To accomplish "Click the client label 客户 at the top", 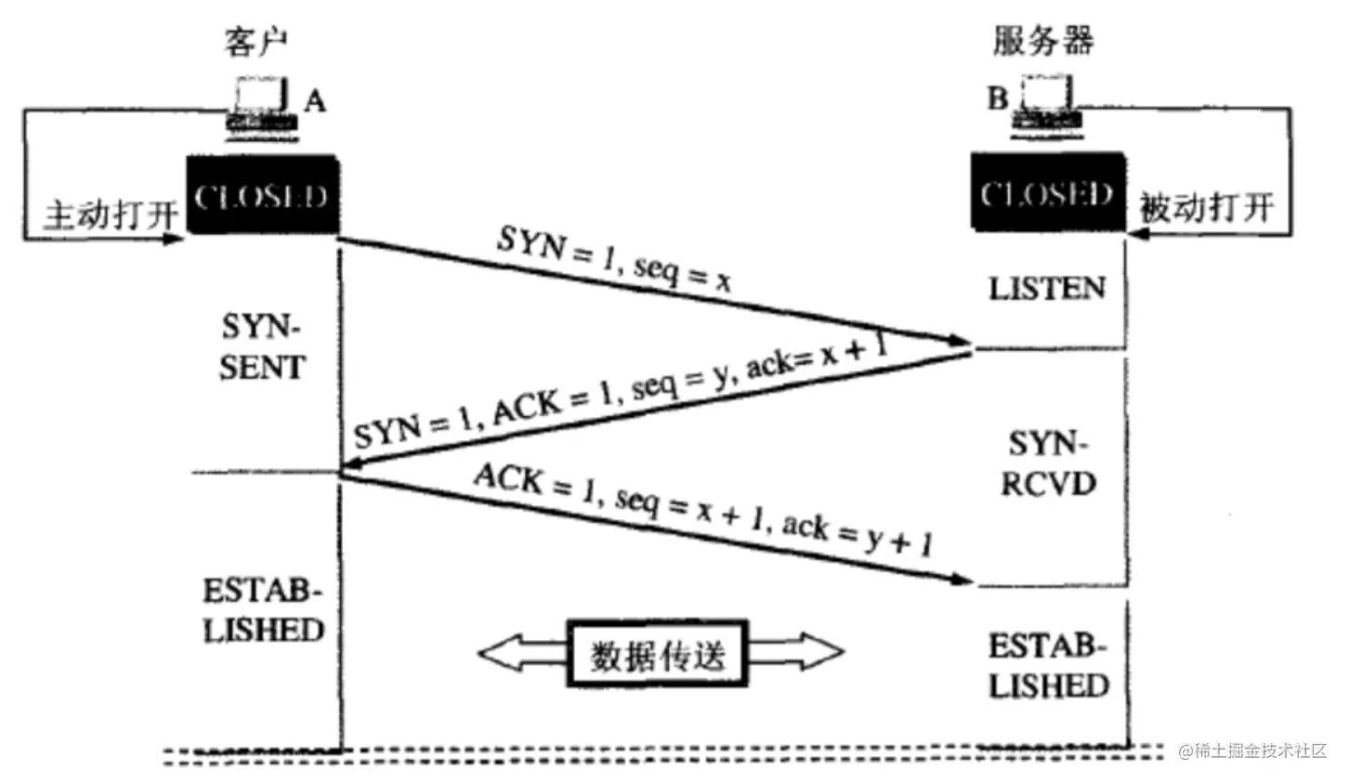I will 256,41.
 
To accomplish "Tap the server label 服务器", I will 1042,41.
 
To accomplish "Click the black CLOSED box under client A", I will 262,196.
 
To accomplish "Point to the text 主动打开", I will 111,215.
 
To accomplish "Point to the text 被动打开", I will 1206,207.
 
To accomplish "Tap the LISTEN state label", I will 1047,289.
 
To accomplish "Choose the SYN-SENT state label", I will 262,347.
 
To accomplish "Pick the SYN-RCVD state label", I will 1048,463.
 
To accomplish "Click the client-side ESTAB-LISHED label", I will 263,610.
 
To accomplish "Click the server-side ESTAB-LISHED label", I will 1048,665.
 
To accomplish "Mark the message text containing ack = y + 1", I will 703,510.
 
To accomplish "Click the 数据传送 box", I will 658,654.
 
